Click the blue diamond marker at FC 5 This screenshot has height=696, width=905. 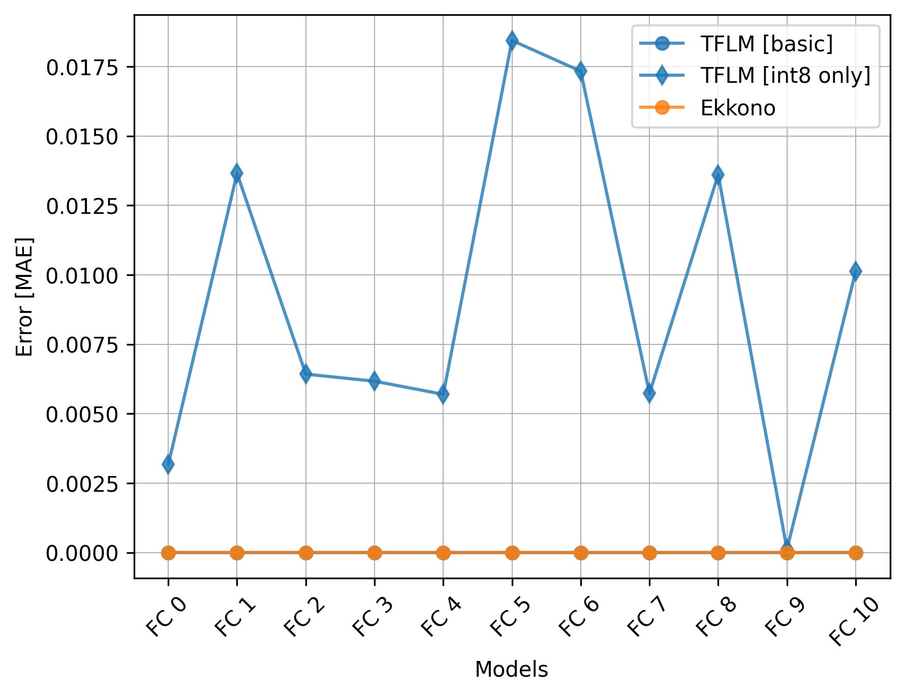[x=512, y=41]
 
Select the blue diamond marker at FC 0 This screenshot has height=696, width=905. [x=168, y=464]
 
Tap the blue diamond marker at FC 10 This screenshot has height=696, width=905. [x=855, y=271]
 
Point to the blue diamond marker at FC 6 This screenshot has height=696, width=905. [x=580, y=71]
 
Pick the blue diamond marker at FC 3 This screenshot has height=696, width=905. [x=375, y=381]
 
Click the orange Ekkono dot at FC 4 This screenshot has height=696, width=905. [x=443, y=552]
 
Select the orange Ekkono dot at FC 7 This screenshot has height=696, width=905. [x=649, y=552]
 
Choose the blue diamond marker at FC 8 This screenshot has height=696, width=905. [x=717, y=175]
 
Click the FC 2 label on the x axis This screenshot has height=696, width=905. [x=303, y=617]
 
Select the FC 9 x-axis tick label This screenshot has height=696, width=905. [x=785, y=617]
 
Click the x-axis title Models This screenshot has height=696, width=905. [x=511, y=670]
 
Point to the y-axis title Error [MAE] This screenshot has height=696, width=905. [x=24, y=297]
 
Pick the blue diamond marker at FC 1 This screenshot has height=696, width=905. [x=237, y=173]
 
